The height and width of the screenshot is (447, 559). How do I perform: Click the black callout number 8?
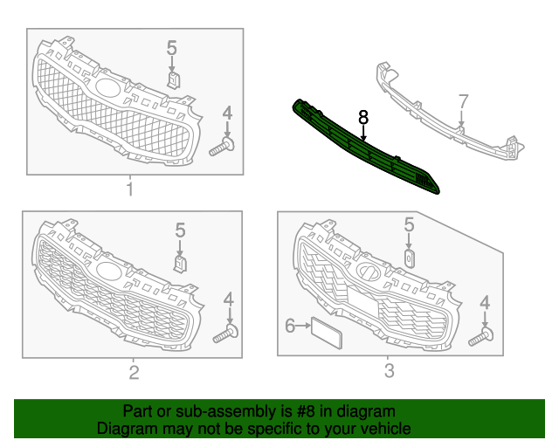coord(363,117)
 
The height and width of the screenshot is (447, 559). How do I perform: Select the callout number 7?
coord(463,101)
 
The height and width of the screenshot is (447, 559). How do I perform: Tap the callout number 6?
coord(290,326)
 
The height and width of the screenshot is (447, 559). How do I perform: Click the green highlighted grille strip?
coord(366,147)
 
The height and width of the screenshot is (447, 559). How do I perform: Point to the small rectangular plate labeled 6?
coord(327,333)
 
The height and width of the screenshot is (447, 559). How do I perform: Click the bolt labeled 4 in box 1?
coord(222,148)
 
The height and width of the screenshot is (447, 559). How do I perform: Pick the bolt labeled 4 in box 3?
coord(481,337)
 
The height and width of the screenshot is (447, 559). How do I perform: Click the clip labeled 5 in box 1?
coord(173,80)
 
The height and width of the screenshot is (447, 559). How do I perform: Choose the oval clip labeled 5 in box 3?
coord(410,258)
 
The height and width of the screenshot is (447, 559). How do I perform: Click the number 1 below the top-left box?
coord(130,189)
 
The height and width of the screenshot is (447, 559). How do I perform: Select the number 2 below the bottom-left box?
coord(134,373)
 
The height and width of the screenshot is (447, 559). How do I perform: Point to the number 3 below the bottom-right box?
coord(390,371)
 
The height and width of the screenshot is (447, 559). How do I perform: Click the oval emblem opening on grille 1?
coord(107,87)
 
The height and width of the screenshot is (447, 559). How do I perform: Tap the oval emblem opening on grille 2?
coord(109,272)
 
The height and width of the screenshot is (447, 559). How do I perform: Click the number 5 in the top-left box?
coord(171,48)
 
